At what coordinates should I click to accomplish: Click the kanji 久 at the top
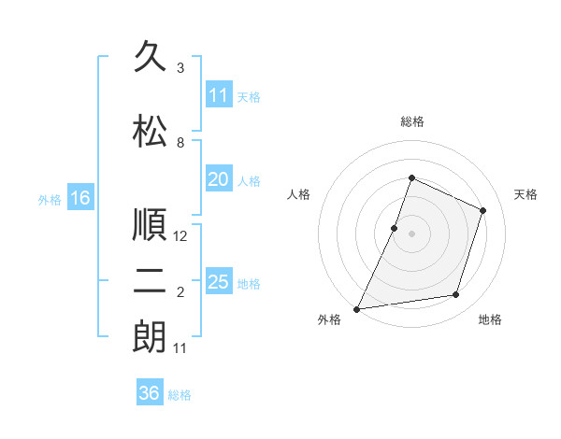[x=150, y=56]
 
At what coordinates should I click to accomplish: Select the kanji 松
[x=150, y=131]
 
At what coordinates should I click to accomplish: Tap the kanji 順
[x=150, y=224]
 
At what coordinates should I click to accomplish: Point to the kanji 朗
[x=150, y=337]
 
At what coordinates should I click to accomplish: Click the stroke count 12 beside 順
[x=180, y=236]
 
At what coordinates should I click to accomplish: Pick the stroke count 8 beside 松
[x=180, y=143]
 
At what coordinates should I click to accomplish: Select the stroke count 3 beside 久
[x=180, y=68]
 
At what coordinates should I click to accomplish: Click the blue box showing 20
[x=219, y=178]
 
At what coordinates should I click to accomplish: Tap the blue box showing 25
[x=219, y=280]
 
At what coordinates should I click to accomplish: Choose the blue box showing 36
[x=150, y=391]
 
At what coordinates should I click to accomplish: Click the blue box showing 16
[x=80, y=197]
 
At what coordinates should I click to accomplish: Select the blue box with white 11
[x=219, y=93]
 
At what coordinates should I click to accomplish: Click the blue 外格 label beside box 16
[x=50, y=200]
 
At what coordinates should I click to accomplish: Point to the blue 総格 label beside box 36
[x=180, y=395]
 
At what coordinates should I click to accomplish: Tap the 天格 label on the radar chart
[x=525, y=194]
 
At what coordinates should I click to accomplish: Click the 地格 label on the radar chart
[x=490, y=319]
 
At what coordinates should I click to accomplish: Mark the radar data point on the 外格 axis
[x=356, y=309]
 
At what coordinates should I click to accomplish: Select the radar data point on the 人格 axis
[x=394, y=229]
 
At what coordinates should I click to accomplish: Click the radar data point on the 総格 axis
[x=411, y=177]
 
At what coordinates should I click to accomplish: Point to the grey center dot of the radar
[x=411, y=234]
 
